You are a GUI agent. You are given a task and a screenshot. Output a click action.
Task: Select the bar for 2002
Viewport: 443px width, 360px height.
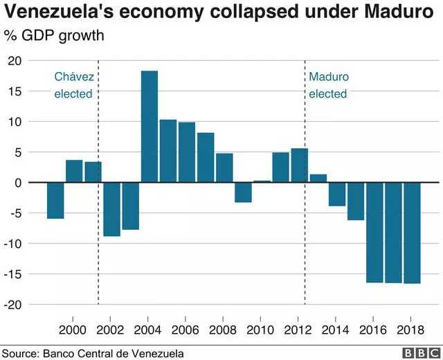pos(111,209)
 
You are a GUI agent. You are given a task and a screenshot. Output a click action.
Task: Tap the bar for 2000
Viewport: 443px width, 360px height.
pos(74,171)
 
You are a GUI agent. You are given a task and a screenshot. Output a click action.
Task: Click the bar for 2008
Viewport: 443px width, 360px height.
pos(224,168)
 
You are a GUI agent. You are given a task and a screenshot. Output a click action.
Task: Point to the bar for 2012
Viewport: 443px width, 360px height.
pos(300,165)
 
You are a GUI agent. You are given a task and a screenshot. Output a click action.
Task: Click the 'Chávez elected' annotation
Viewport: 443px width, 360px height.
pos(73,85)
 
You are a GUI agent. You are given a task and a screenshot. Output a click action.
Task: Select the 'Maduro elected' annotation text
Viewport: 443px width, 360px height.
pos(328,85)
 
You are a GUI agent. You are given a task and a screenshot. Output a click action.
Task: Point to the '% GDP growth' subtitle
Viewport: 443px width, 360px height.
pos(54,35)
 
